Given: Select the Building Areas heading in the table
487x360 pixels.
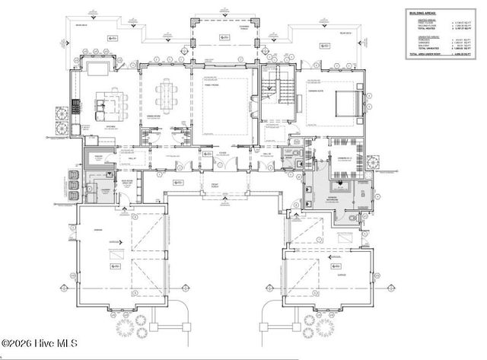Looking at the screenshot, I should [425, 13].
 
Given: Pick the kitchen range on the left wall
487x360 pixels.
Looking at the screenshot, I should [75, 107].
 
